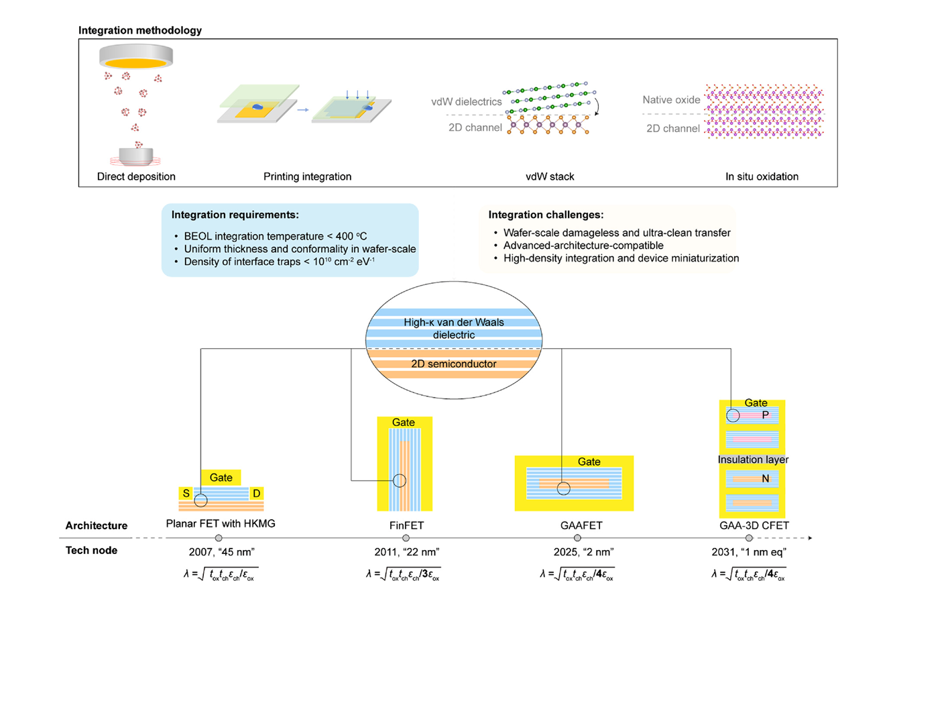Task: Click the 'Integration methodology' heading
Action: coord(139,30)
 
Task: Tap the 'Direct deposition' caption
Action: coord(136,176)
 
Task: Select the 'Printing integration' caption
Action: coord(307,176)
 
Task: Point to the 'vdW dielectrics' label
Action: coord(466,102)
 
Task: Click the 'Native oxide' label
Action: coord(671,100)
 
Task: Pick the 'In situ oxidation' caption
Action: coord(762,176)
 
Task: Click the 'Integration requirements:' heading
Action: coord(235,215)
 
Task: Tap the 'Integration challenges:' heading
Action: coord(546,215)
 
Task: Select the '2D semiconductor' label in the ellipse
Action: coord(453,364)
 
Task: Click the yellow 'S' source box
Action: coord(186,494)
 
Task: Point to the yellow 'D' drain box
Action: coord(256,494)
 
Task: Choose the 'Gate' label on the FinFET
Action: coord(403,423)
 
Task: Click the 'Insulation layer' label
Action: coord(753,459)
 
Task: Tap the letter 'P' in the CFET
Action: coord(765,415)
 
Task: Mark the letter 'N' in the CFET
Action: coord(765,479)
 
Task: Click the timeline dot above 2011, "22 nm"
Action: coord(406,538)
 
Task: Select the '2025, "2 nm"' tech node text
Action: coord(583,552)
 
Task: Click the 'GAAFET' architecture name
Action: coord(581,526)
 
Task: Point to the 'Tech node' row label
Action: coord(91,550)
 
